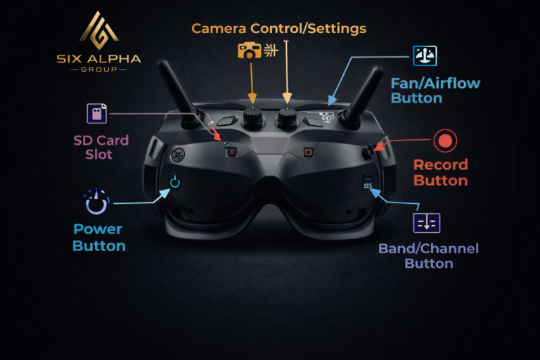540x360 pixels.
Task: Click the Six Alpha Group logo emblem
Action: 99,30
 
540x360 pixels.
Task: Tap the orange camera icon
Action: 250,51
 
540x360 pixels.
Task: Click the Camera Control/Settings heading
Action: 278,28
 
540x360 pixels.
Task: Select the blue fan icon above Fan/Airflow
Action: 425,56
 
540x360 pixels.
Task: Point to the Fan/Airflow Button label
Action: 435,91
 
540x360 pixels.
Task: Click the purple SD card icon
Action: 97,113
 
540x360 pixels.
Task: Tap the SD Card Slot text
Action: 101,147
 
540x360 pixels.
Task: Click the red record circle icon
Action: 445,141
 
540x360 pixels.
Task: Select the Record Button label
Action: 440,172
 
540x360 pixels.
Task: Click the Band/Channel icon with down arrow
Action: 427,223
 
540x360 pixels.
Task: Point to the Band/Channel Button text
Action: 428,256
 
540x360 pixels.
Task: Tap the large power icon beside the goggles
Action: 96,202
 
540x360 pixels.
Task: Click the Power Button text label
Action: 99,238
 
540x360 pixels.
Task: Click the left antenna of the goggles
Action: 176,91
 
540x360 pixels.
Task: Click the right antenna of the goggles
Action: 363,96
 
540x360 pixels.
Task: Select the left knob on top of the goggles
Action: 253,117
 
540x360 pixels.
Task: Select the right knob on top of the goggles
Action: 287,117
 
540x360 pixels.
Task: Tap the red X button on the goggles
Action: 232,152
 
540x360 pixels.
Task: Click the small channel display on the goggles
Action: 368,186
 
